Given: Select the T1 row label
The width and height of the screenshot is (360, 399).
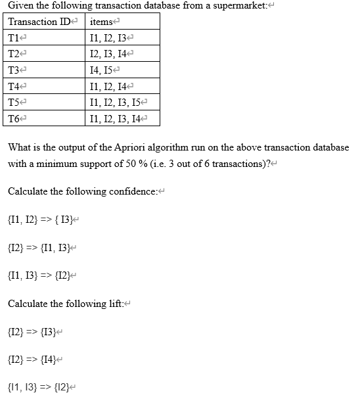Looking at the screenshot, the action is pyautogui.click(x=13, y=38).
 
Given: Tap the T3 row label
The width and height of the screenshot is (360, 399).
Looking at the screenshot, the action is pyautogui.click(x=13, y=70).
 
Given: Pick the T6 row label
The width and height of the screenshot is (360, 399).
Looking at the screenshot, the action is pyautogui.click(x=13, y=119).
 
